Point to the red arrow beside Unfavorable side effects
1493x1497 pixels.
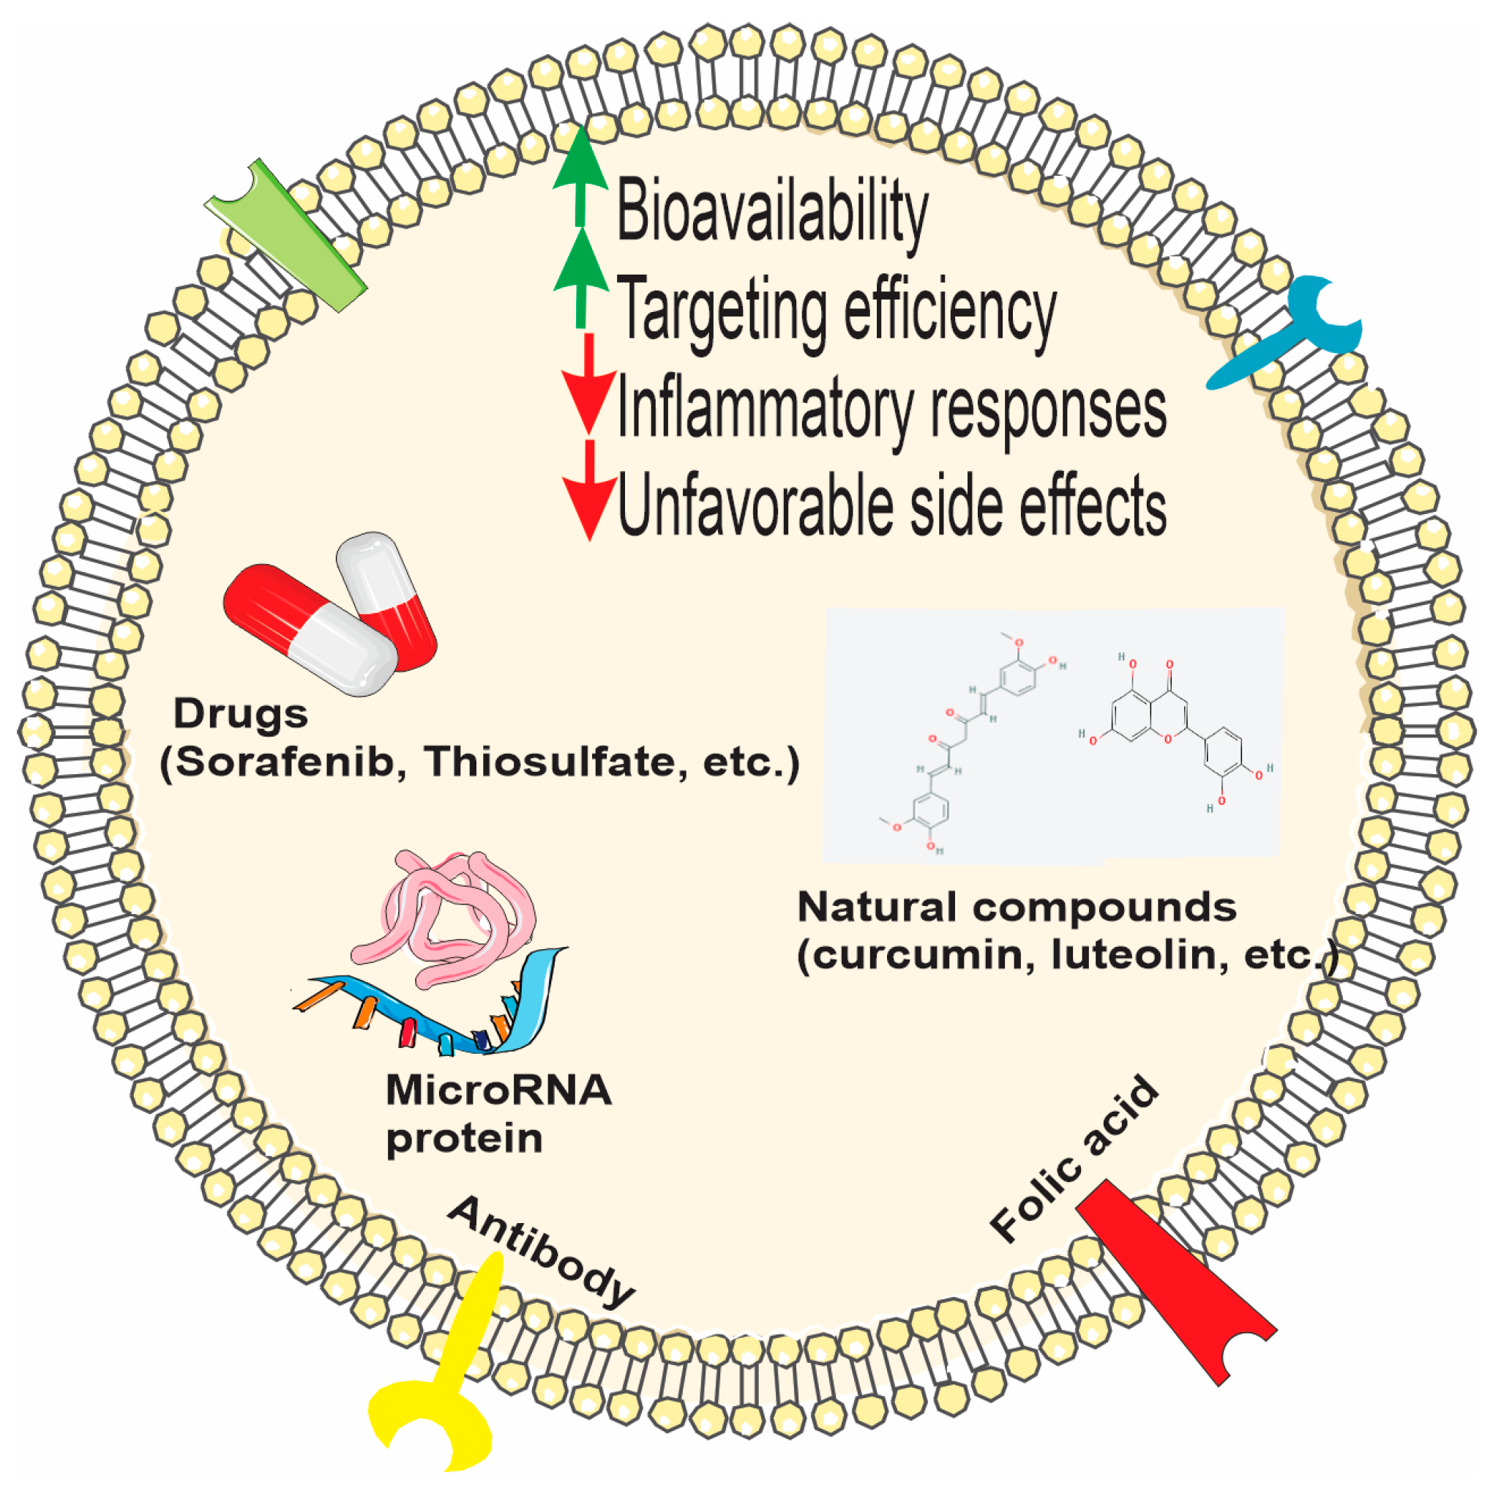(589, 491)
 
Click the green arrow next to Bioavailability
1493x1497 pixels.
(580, 174)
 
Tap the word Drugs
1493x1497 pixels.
(240, 713)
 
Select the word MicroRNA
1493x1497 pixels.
(498, 1091)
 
